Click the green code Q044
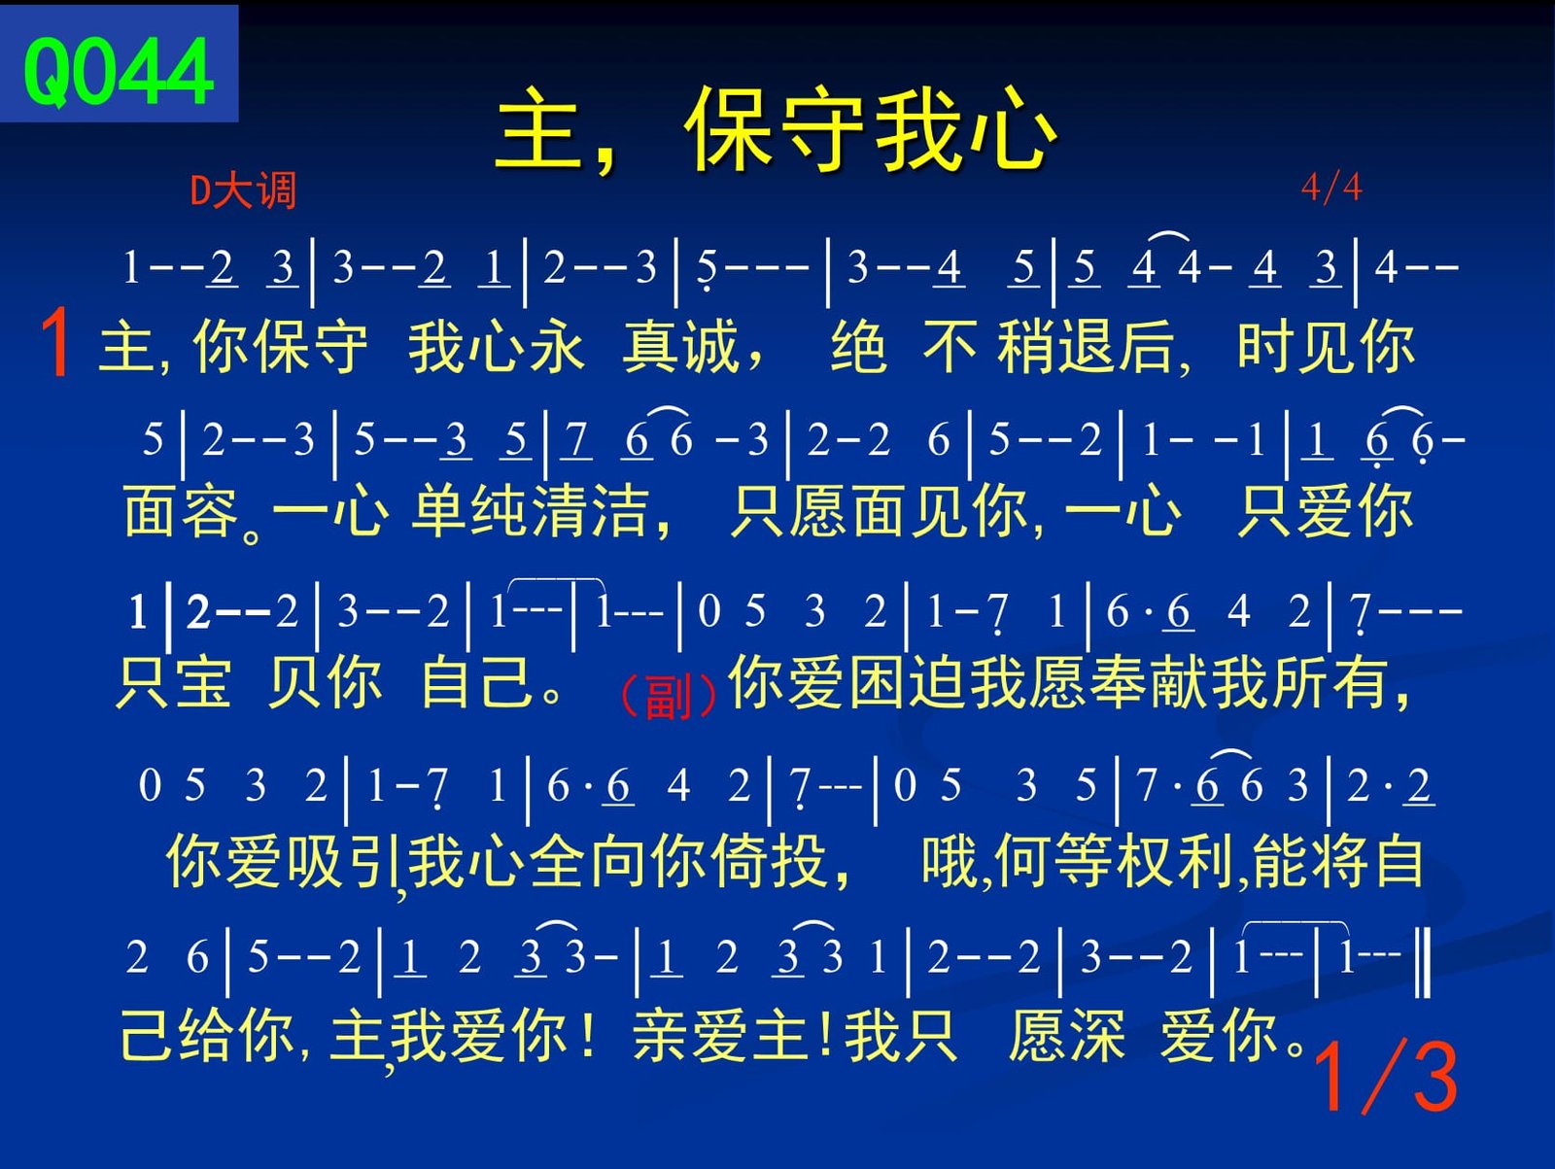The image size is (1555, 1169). pyautogui.click(x=119, y=71)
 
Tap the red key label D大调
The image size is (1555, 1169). pyautogui.click(x=243, y=190)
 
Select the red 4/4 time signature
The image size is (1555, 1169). pyautogui.click(x=1331, y=188)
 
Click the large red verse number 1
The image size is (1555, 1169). pyautogui.click(x=55, y=342)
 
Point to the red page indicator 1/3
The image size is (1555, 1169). pyautogui.click(x=1386, y=1078)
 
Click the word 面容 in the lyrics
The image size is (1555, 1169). pyautogui.click(x=182, y=511)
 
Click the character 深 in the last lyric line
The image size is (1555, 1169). pyautogui.click(x=1096, y=1035)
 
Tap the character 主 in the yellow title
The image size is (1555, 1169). pyautogui.click(x=537, y=129)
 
